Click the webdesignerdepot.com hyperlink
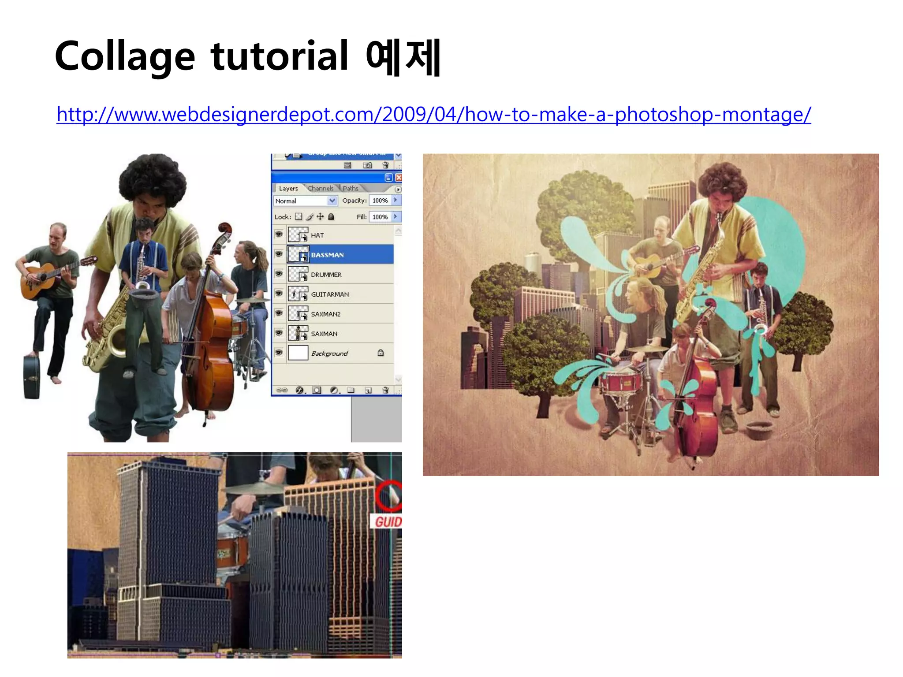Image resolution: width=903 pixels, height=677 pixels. [433, 115]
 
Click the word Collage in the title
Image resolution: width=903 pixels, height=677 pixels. [125, 56]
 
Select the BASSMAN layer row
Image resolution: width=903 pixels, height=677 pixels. [340, 255]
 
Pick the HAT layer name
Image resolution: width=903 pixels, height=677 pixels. [317, 235]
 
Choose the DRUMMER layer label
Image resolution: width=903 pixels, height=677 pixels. [326, 275]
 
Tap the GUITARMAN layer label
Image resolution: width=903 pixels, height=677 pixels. [330, 294]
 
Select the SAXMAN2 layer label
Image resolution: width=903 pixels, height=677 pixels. [326, 314]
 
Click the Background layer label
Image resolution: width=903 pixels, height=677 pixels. [329, 353]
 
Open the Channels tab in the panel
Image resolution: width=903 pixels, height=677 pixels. [321, 189]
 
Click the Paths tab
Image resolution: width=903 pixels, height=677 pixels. [351, 189]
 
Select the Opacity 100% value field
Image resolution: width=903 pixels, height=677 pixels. [380, 201]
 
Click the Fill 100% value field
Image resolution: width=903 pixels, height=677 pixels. [380, 217]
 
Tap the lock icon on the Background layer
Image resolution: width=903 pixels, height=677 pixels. [381, 353]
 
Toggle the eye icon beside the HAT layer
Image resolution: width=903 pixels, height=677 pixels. [279, 234]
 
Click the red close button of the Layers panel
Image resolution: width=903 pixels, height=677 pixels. [399, 178]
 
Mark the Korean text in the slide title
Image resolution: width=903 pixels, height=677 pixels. [403, 57]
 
